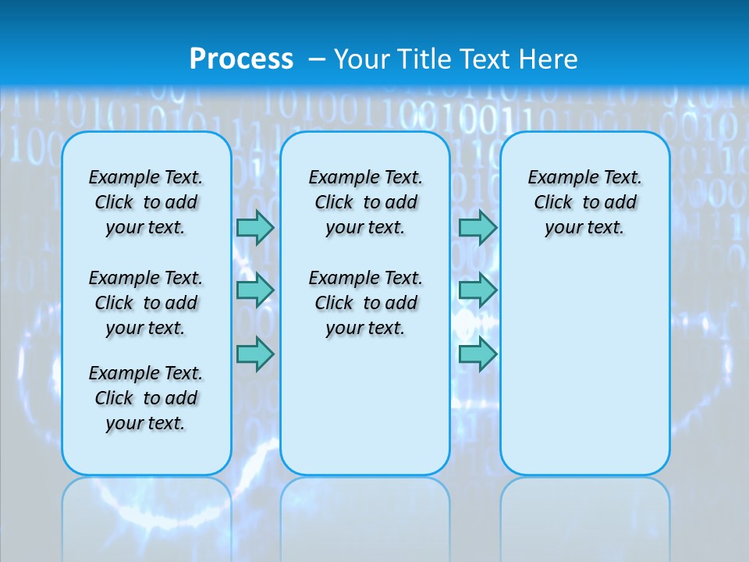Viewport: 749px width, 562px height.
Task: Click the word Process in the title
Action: point(241,59)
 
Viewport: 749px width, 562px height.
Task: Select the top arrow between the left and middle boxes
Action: point(255,227)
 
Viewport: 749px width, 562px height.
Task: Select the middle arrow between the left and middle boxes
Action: point(255,290)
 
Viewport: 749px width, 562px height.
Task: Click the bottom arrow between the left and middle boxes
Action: point(255,354)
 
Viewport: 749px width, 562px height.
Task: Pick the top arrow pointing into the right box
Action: point(477,227)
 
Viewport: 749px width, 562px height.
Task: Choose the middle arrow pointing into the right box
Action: point(477,290)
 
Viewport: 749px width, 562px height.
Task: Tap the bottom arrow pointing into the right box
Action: point(477,354)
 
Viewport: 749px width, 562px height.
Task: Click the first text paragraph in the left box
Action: point(146,202)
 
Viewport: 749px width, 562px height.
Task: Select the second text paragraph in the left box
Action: point(146,303)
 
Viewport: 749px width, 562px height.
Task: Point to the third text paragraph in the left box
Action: point(146,398)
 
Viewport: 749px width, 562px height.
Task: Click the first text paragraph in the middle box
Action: point(365,202)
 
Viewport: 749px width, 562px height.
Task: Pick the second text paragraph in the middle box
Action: point(365,303)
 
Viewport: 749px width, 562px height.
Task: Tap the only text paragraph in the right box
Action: point(584,202)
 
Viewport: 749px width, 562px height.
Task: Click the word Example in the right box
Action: point(556,178)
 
